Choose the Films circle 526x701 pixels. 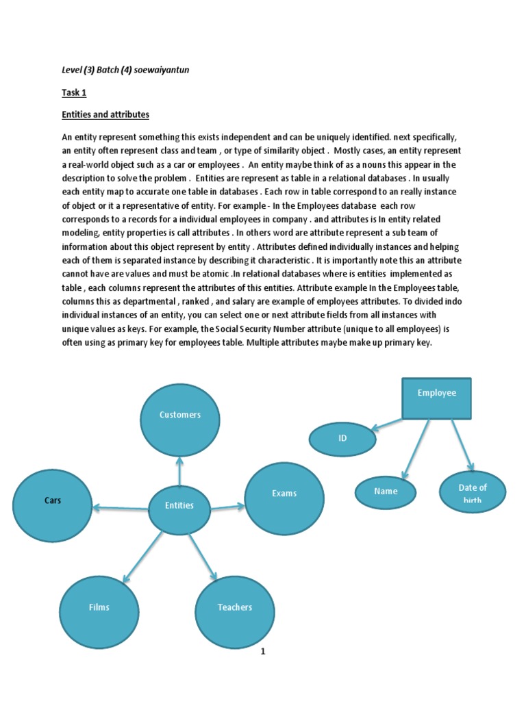99,608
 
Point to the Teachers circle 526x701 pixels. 235,608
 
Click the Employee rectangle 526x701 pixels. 436,398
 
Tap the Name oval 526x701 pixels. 386,492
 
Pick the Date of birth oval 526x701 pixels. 473,492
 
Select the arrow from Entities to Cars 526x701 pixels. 121,507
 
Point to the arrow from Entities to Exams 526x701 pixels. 227,507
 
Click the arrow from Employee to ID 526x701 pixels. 388,425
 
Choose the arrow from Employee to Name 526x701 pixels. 416,448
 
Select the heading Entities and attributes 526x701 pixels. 105,114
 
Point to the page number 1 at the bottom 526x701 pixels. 262,652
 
